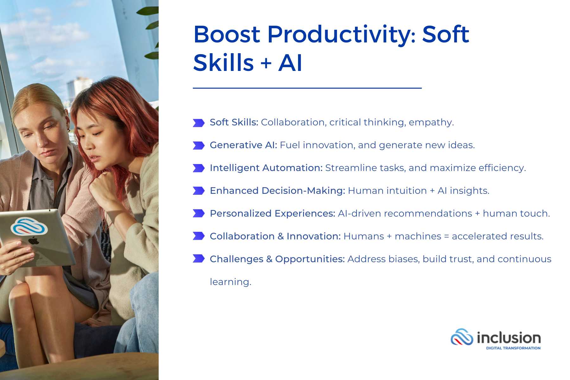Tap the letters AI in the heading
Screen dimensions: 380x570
click(x=290, y=63)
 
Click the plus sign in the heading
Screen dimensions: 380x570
click(x=266, y=63)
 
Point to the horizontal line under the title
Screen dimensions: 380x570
click(x=307, y=88)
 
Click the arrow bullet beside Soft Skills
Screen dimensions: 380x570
click(x=199, y=123)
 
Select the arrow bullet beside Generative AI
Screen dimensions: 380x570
click(x=199, y=146)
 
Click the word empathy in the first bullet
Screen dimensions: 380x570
click(x=431, y=123)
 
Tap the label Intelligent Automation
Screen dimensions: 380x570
click(x=266, y=168)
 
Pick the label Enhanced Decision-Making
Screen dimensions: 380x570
click(x=277, y=191)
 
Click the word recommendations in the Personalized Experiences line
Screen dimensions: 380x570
click(x=428, y=213)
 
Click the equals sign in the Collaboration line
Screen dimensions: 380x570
click(x=446, y=237)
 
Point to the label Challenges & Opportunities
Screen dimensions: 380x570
click(x=277, y=259)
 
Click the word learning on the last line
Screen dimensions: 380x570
click(x=230, y=282)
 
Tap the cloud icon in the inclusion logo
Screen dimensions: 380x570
click(x=462, y=337)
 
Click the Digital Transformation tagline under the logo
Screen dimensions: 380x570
click(x=513, y=348)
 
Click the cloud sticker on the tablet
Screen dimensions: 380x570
click(x=29, y=226)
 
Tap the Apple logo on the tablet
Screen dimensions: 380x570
click(x=34, y=241)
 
